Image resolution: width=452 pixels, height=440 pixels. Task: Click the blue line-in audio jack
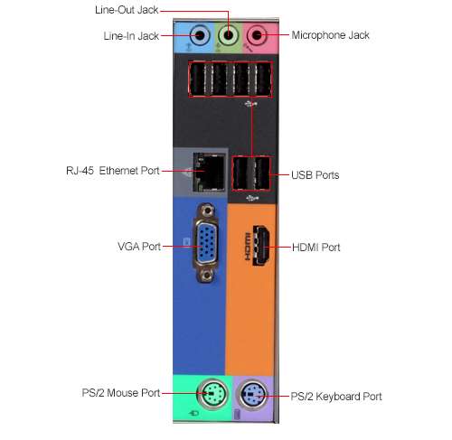(x=200, y=35)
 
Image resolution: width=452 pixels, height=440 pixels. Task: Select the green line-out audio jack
(x=228, y=35)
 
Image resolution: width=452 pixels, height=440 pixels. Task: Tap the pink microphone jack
(x=257, y=35)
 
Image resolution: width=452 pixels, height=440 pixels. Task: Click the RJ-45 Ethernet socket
(x=209, y=172)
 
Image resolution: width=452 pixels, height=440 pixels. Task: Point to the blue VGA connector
(x=206, y=243)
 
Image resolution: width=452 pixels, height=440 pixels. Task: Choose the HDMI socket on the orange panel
(x=261, y=245)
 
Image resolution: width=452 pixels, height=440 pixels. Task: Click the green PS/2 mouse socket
(x=212, y=394)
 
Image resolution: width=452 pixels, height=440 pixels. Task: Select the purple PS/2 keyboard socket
(x=253, y=395)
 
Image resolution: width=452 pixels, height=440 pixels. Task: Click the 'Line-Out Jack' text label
(x=127, y=10)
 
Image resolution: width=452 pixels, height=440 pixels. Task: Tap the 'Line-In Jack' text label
(x=131, y=36)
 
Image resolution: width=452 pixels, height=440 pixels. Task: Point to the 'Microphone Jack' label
(x=330, y=35)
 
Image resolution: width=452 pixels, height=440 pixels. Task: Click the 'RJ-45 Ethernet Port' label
(x=113, y=171)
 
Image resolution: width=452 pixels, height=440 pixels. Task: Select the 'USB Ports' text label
(x=315, y=175)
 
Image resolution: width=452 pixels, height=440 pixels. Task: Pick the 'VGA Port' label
(x=139, y=247)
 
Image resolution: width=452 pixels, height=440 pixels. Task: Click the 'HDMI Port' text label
(x=316, y=248)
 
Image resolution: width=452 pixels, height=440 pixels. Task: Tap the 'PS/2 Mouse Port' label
(x=121, y=393)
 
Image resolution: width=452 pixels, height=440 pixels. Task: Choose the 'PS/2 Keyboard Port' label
(x=336, y=397)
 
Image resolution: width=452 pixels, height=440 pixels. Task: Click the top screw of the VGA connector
(x=206, y=210)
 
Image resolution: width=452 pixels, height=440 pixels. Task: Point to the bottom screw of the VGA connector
(x=206, y=275)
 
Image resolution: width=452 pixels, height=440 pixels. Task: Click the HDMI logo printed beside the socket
(x=248, y=247)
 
